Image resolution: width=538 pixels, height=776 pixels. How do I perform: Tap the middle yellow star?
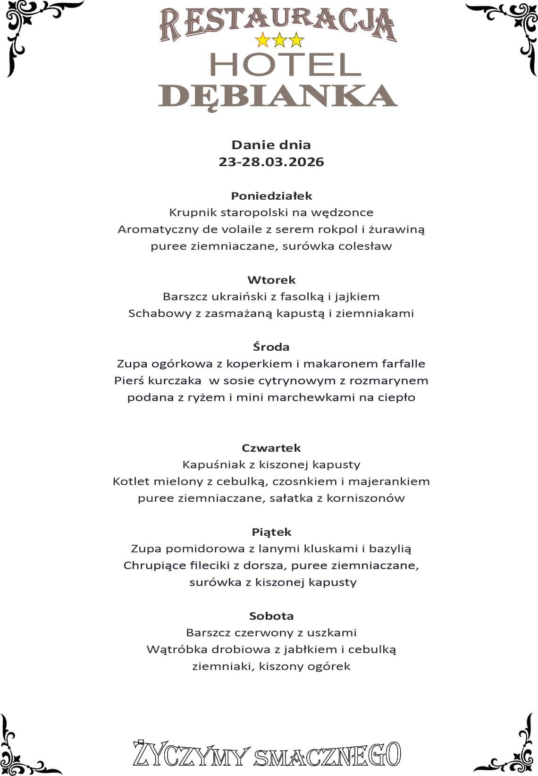point(280,41)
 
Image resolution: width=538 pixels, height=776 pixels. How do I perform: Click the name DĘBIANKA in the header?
point(277,96)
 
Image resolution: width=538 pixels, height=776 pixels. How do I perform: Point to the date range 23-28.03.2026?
point(271,162)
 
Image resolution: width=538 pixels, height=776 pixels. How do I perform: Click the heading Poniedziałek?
point(271,195)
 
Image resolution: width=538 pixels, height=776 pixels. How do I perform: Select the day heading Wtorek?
point(271,280)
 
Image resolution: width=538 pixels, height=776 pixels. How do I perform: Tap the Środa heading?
point(271,347)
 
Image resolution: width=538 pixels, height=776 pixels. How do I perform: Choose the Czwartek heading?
point(271,447)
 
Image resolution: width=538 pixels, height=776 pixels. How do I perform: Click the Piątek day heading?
point(271,532)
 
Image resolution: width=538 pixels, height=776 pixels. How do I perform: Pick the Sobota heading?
point(271,616)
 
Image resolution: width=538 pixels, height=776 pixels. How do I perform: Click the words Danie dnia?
point(271,145)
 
